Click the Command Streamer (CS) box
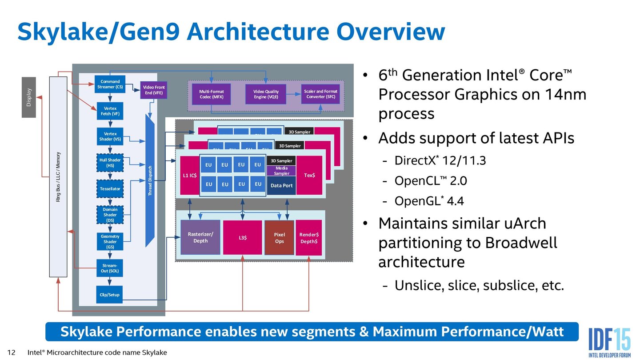[110, 84]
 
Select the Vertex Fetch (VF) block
[109, 111]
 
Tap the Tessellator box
[110, 189]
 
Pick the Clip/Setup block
[109, 295]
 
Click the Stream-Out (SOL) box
[109, 268]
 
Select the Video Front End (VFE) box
[154, 90]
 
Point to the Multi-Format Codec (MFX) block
[212, 94]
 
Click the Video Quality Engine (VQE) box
[266, 94]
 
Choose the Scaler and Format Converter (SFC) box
[320, 94]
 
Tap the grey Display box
[29, 97]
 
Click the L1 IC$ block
[189, 175]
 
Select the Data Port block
[282, 185]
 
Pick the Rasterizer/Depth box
[200, 237]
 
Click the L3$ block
[243, 238]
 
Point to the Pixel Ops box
[279, 238]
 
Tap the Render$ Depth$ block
[309, 238]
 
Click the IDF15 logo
[609, 340]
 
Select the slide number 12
[12, 352]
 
